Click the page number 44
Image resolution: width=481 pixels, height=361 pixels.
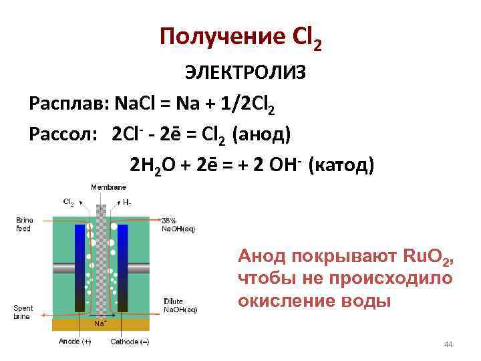pyautogui.click(x=448, y=344)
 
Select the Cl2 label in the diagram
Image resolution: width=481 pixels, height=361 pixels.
pyautogui.click(x=68, y=201)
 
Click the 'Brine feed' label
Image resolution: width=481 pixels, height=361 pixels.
pyautogui.click(x=24, y=224)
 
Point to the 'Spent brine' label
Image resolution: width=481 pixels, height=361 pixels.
pyautogui.click(x=24, y=312)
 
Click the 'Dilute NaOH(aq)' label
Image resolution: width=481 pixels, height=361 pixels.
pyautogui.click(x=180, y=306)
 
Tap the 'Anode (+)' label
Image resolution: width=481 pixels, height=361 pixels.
pyautogui.click(x=74, y=342)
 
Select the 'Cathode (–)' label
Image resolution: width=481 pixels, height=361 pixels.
pyautogui.click(x=130, y=342)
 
